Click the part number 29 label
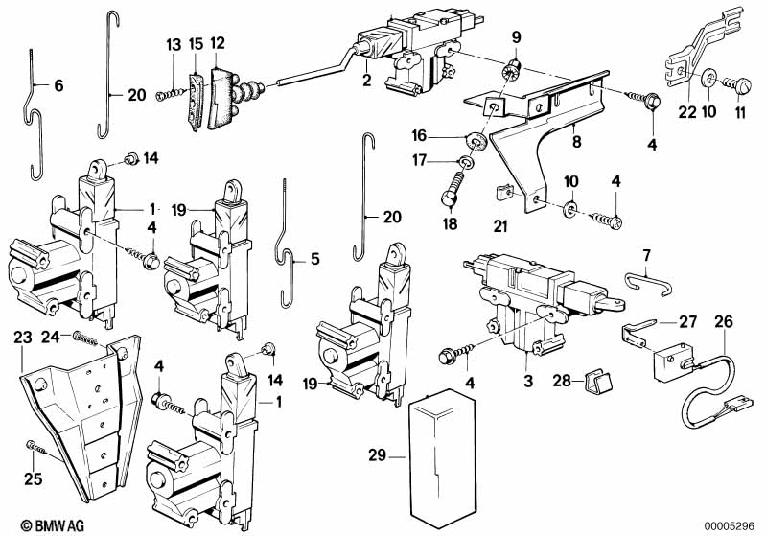tap(377, 455)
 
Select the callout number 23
tap(22, 338)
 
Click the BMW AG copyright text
tap(53, 525)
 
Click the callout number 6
tap(58, 86)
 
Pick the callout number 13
tap(174, 45)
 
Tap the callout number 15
tap(196, 44)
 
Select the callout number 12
tap(217, 43)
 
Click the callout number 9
tap(517, 37)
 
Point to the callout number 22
tap(686, 112)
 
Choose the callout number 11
tap(741, 112)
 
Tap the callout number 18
tap(450, 223)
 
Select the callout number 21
tap(500, 225)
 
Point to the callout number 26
tap(724, 322)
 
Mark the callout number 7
tap(647, 255)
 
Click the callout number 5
tap(315, 259)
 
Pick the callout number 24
tap(50, 338)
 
